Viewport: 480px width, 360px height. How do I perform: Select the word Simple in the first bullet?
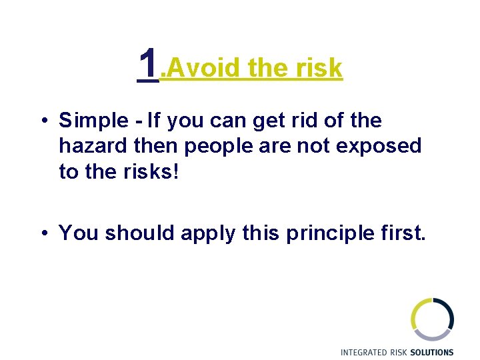pyautogui.click(x=93, y=121)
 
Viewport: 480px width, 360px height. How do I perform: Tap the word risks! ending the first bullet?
pyautogui.click(x=155, y=171)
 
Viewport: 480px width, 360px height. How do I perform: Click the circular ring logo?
pyautogui.click(x=432, y=319)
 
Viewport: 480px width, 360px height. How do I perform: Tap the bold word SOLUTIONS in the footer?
pyautogui.click(x=432, y=352)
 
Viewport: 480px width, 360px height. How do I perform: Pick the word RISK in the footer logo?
pyautogui.click(x=399, y=352)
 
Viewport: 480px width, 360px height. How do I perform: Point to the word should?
pyautogui.click(x=137, y=233)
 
